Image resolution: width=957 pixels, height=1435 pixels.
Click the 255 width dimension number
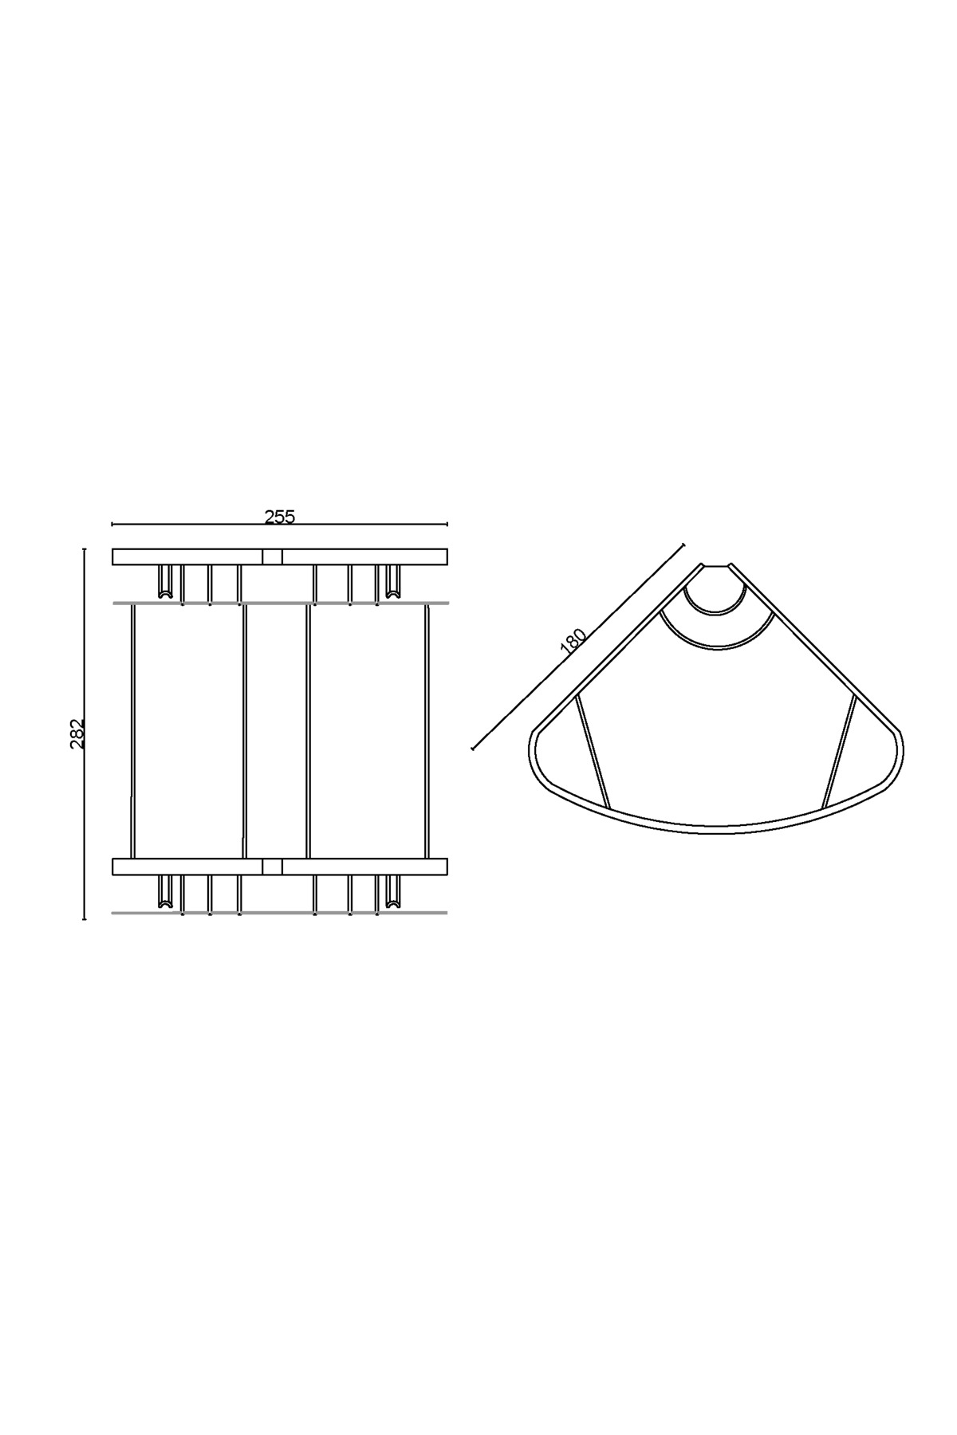tap(280, 517)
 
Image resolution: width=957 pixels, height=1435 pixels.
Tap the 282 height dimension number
tap(77, 733)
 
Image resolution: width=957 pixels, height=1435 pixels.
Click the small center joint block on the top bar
tap(272, 556)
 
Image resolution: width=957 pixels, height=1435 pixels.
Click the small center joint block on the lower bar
tap(272, 867)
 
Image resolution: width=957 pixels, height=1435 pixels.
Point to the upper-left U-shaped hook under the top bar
tap(166, 583)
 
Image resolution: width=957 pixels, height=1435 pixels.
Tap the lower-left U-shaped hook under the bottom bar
tap(166, 893)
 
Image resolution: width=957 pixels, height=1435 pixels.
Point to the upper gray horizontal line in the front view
tap(280, 603)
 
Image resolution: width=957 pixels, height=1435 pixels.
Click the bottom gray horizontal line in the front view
tap(280, 913)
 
